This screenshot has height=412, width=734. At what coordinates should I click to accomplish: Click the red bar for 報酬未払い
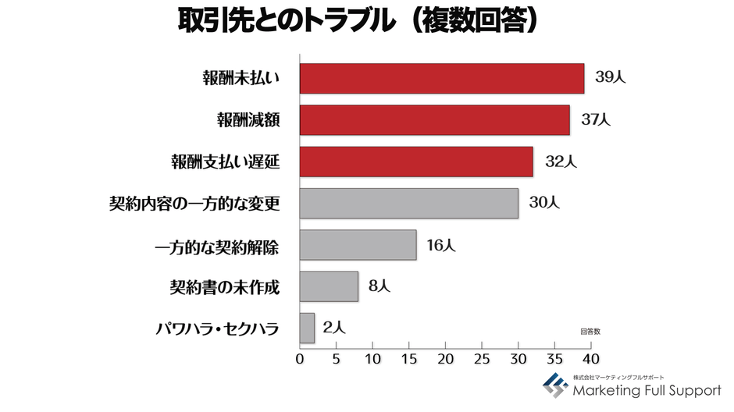tap(442, 78)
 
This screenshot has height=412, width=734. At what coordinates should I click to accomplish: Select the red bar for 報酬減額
tap(435, 120)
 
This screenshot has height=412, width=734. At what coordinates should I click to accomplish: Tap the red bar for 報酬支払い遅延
tap(416, 162)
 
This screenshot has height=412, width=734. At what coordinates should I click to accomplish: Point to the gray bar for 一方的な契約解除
tap(358, 245)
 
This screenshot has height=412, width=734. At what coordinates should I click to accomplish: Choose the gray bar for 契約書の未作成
tap(329, 286)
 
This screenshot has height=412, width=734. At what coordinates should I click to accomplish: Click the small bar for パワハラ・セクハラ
tap(307, 328)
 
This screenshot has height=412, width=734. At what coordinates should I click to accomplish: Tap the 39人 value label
tap(611, 78)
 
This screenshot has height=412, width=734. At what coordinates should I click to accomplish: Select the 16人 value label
tap(441, 245)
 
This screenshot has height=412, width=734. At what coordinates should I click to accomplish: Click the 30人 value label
tap(544, 203)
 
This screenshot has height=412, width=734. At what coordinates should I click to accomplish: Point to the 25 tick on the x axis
tap(482, 360)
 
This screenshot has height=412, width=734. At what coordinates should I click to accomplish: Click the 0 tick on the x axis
tap(300, 360)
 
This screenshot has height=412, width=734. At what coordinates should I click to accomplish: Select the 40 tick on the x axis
tap(590, 360)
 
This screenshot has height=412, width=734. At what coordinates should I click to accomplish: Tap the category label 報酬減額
tap(248, 120)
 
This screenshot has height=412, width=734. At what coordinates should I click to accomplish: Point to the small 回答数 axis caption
tap(590, 332)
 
